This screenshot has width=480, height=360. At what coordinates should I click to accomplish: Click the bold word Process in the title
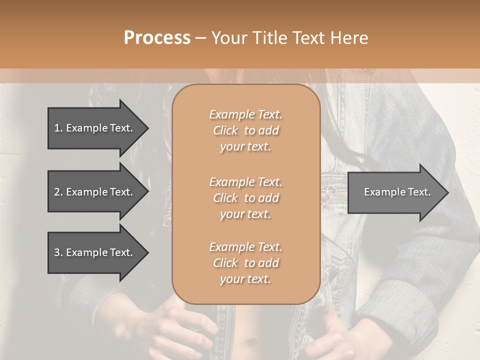157,38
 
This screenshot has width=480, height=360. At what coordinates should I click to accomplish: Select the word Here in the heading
349,38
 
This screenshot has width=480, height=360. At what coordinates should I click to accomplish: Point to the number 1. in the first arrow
58,128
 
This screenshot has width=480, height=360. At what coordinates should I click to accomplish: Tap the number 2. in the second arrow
58,192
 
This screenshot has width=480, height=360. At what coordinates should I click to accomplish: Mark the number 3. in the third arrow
58,252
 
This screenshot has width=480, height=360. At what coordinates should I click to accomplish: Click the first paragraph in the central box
245,130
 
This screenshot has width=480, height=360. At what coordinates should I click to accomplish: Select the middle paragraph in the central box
245,198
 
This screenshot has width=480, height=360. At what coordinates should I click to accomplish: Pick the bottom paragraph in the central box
245,263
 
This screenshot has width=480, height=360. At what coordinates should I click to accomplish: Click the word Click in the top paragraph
225,131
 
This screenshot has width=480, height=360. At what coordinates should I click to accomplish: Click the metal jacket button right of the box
329,191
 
